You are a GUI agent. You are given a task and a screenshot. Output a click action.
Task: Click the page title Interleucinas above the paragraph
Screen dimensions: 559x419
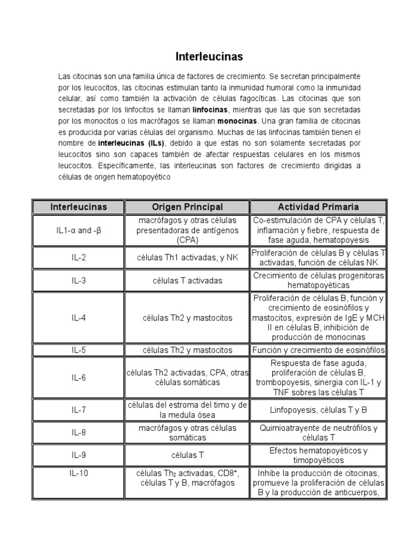pos(209,56)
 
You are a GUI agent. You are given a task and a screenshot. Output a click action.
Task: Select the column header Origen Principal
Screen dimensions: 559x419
pos(187,207)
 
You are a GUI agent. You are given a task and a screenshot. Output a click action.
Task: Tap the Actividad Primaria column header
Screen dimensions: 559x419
pos(319,207)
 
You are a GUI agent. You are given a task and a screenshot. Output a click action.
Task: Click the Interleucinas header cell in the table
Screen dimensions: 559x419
pos(79,207)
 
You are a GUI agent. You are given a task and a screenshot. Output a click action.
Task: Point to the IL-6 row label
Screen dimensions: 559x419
pos(79,377)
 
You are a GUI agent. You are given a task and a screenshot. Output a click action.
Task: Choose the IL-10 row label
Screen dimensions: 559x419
pos(79,473)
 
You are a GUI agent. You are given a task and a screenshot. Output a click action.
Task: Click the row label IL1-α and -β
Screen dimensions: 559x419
pos(79,230)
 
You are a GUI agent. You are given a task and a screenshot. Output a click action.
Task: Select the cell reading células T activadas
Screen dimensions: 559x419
pos(187,281)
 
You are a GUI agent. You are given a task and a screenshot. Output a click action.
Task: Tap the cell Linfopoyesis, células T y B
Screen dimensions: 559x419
pos(319,409)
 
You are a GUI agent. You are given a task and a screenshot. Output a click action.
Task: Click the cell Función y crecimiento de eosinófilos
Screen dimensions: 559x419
pos(319,349)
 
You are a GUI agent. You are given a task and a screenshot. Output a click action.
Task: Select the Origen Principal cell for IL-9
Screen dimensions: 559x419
pos(187,455)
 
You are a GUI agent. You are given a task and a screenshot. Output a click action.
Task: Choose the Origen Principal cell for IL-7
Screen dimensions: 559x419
pos(187,409)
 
